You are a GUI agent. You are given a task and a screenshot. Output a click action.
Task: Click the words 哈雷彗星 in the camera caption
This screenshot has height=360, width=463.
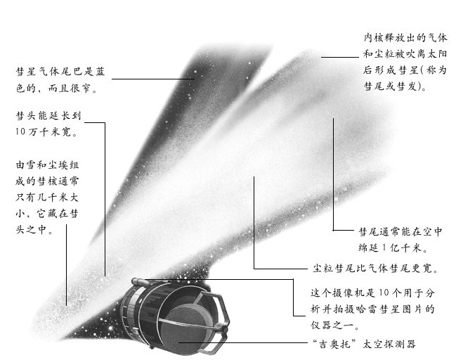(x=379, y=309)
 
